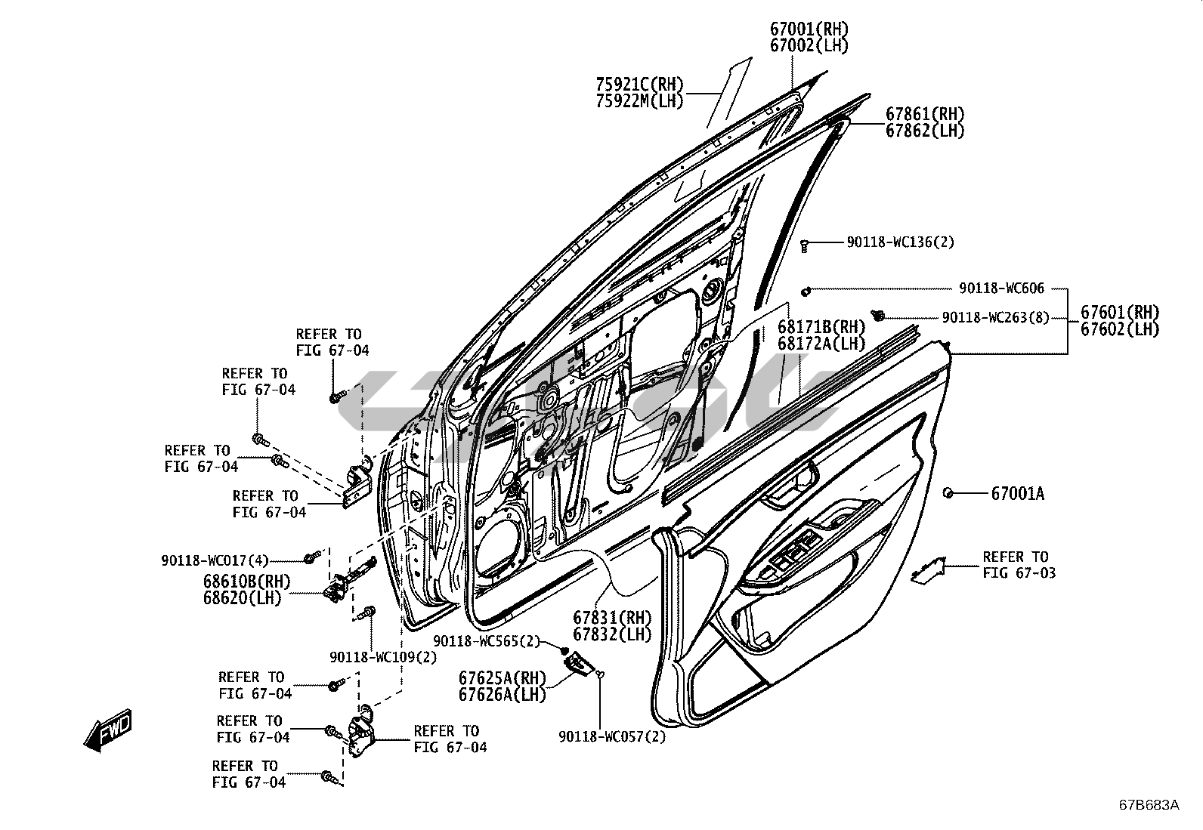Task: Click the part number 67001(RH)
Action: coord(809,29)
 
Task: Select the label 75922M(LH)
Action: coord(639,100)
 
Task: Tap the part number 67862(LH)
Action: coord(925,131)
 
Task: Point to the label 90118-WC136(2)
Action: coord(900,242)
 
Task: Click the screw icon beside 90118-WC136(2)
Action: coord(806,244)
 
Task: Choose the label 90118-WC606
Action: coord(1001,288)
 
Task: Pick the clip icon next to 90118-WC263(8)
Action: coord(879,315)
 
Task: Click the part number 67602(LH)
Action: coord(1119,329)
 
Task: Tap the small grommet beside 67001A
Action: coord(948,493)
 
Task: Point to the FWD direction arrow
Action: coord(107,730)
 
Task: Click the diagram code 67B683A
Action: coord(1149,804)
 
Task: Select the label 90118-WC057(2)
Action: coord(612,737)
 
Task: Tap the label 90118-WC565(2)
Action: coord(487,641)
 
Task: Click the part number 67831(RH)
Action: coord(611,618)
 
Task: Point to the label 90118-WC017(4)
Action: coord(215,560)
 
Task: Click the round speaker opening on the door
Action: coord(499,541)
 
